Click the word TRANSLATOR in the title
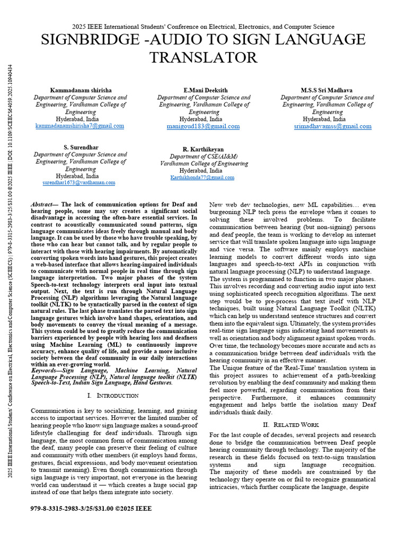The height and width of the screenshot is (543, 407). coord(203,58)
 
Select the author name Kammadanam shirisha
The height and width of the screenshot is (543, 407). coord(81,90)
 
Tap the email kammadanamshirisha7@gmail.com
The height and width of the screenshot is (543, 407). coord(80,126)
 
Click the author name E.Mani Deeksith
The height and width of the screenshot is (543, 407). coord(203,90)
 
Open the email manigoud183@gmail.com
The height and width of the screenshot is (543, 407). coord(203,127)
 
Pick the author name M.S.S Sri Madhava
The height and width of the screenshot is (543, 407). coord(327,90)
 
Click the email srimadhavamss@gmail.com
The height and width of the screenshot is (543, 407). coord(332,127)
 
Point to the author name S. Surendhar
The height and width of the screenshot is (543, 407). coord(81,147)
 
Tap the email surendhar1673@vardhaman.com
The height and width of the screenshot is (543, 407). coord(79,182)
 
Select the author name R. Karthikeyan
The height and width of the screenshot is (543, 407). coord(203,150)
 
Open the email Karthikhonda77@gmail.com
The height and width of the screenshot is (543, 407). coord(202,178)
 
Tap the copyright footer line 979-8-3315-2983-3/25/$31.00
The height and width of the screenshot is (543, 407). coord(91,509)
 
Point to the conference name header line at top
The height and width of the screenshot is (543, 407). coord(203,27)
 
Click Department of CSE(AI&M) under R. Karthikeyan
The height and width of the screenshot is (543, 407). coord(203,157)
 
